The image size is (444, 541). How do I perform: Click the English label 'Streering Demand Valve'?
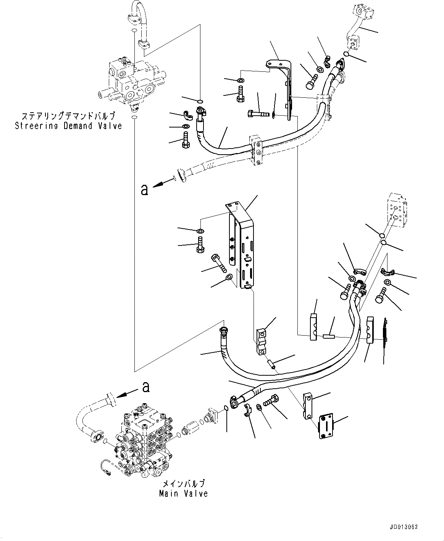point(68,126)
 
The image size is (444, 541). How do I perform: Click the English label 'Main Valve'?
point(183,493)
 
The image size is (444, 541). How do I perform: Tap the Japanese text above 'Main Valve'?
point(183,483)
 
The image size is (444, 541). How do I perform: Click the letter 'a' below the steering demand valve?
point(144,189)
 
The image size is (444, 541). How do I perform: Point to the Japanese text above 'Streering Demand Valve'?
point(68,116)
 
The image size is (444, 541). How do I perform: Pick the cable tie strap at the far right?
point(385,328)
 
